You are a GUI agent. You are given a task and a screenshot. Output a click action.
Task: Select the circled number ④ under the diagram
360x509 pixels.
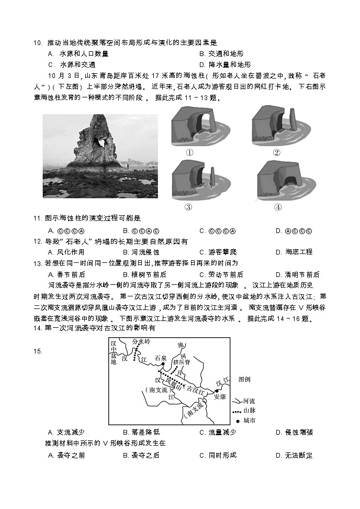click(277, 207)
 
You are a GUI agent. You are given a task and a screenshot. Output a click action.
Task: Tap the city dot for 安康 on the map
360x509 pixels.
click(216, 390)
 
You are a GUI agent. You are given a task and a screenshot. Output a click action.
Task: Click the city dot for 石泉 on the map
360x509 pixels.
click(149, 364)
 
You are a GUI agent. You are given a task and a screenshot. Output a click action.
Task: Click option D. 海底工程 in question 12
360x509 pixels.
click(294, 252)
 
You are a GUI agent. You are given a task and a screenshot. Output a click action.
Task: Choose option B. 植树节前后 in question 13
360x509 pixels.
click(144, 274)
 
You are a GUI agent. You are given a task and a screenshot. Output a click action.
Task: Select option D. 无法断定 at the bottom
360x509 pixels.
click(294, 455)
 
